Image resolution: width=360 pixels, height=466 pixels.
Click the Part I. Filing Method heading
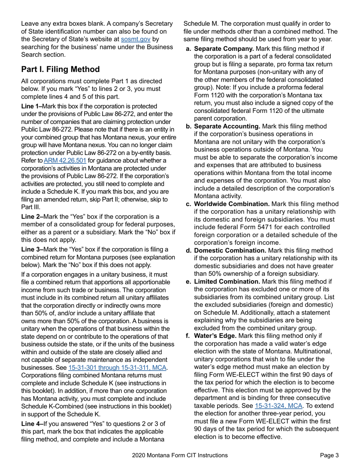(x=60, y=69)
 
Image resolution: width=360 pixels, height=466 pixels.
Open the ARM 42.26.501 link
(x=65, y=161)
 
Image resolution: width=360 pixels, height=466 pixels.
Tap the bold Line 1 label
(x=32, y=106)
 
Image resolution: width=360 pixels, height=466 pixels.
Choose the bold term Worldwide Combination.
(x=232, y=204)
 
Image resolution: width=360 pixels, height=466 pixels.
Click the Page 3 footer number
(x=329, y=456)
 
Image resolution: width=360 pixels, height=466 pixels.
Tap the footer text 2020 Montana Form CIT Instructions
(x=180, y=456)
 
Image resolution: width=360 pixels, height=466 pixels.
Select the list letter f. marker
(x=188, y=336)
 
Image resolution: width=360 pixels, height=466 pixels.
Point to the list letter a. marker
(x=188, y=48)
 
